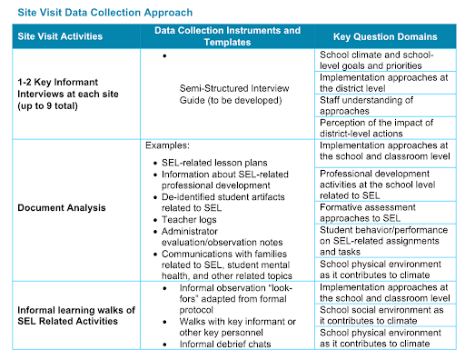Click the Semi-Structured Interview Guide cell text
[234, 95]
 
